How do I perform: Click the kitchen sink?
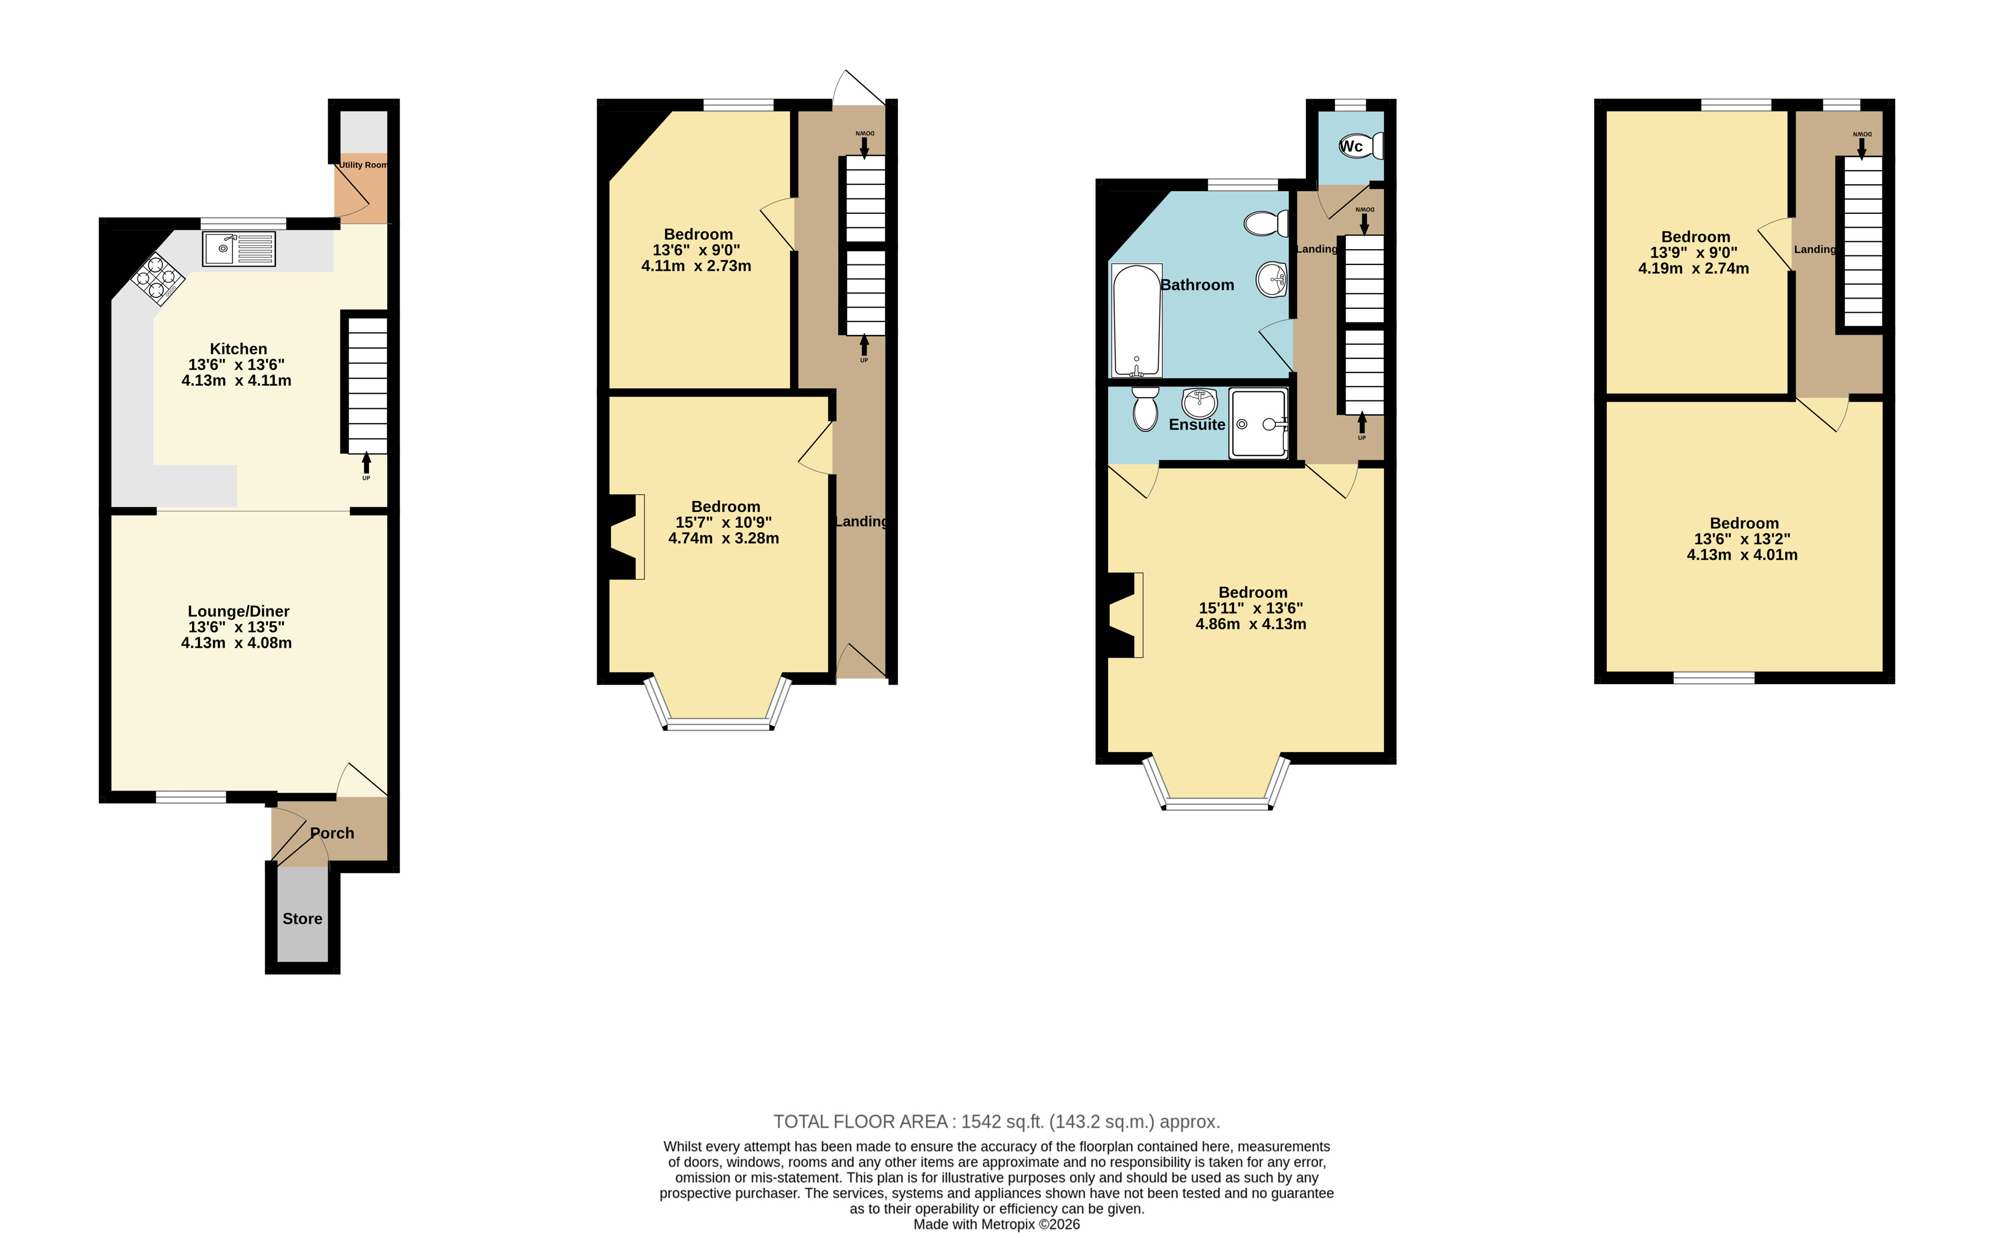point(239,249)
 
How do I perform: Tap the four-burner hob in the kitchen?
point(158,278)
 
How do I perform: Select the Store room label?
point(302,918)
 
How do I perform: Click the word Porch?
point(332,833)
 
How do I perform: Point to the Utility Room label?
point(363,165)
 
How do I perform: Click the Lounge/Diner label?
point(238,611)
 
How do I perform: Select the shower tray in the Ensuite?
point(1259,423)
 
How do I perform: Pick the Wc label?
point(1351,146)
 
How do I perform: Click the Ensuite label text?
point(1197,424)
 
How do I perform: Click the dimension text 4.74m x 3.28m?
point(723,538)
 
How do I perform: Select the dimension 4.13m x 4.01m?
point(1742,555)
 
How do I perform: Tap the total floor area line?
point(996,1122)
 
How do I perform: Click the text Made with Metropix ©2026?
point(996,1224)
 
